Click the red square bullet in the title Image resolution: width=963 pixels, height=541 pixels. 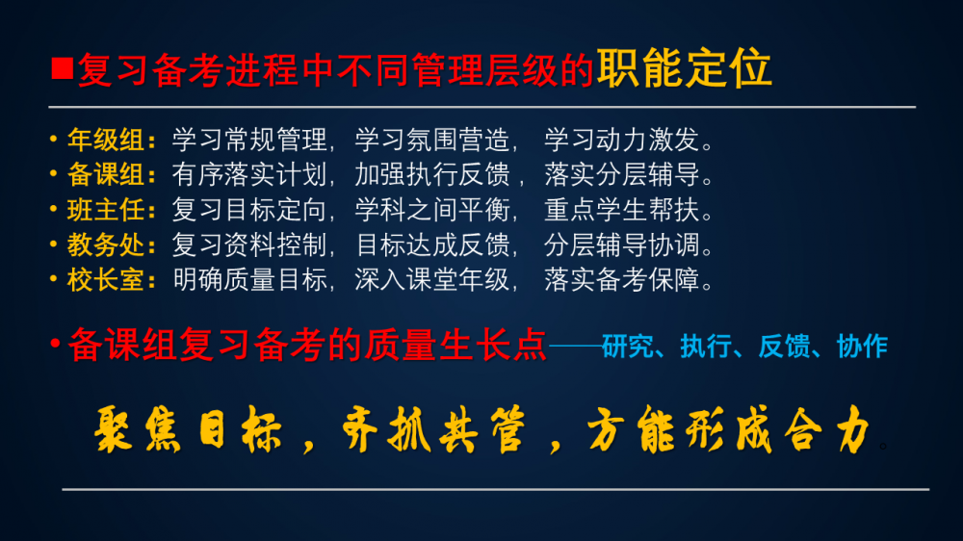[63, 68]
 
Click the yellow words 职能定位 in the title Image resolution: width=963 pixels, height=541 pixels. [684, 68]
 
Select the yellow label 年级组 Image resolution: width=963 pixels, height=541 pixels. [106, 140]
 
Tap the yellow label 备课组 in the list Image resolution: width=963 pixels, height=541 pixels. [106, 175]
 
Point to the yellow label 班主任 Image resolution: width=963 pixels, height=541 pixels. [106, 210]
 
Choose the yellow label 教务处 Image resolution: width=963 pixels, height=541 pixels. [106, 245]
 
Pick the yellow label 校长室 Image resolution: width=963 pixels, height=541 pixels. [106, 280]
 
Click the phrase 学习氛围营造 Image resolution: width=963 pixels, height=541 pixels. [431, 140]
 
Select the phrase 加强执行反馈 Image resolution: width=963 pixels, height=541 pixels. [431, 175]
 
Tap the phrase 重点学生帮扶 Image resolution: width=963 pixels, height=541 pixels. [621, 210]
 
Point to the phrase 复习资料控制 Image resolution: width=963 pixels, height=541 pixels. [249, 245]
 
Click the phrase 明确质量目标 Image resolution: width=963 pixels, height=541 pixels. [249, 280]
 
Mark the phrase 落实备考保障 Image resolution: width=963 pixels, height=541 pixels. [621, 280]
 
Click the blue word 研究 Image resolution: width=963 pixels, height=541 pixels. [628, 347]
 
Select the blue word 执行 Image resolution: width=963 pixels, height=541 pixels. [706, 347]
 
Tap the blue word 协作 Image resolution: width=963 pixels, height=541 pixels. [862, 347]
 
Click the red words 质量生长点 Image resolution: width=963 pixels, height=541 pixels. [455, 345]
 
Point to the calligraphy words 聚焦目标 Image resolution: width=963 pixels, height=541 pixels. [188, 430]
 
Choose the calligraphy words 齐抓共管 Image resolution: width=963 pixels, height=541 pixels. [433, 430]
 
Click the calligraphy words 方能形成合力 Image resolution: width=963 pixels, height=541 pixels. [729, 430]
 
